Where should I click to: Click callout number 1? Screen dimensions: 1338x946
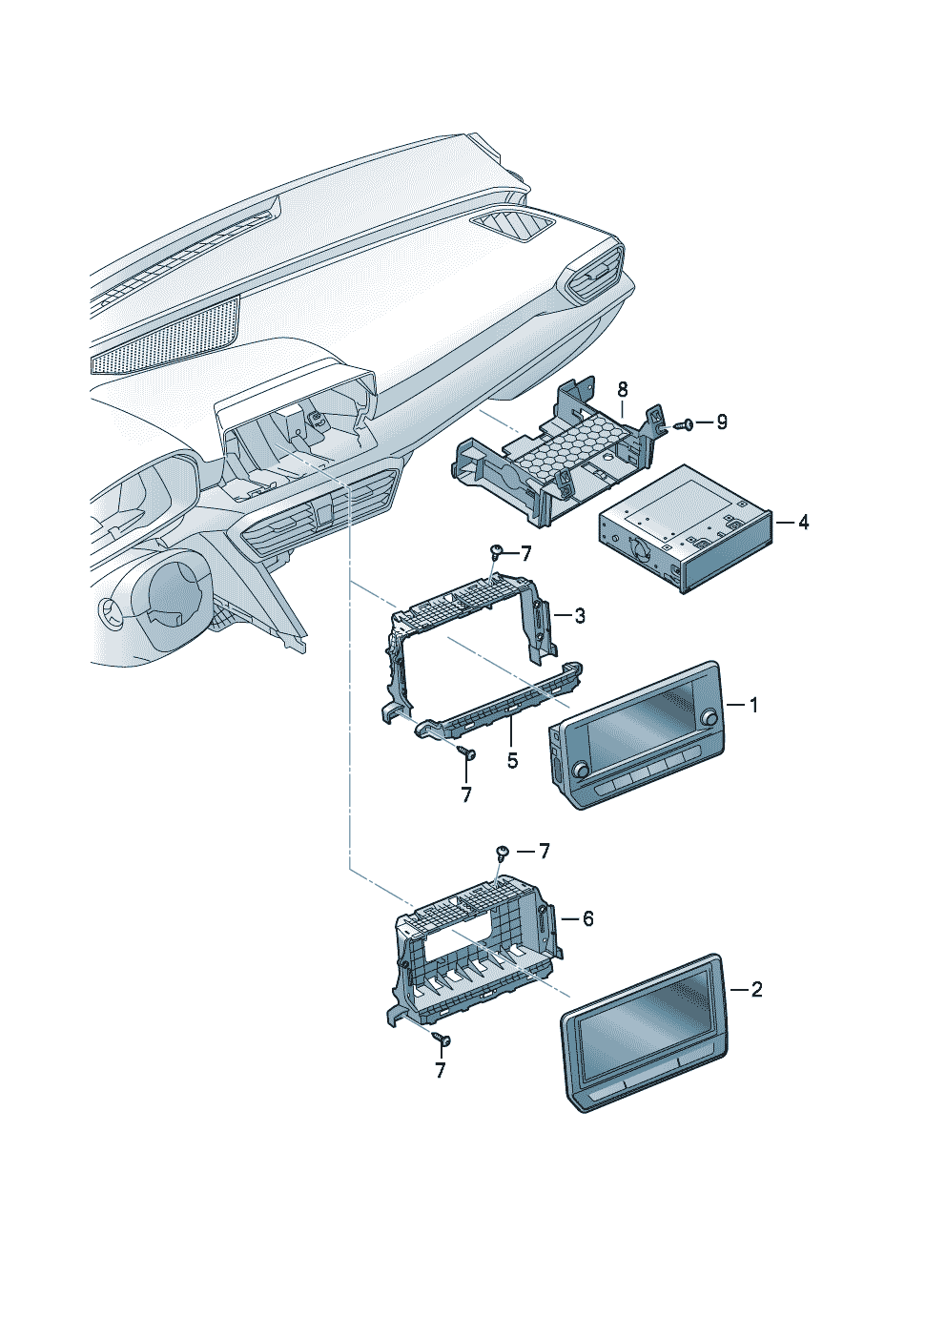click(753, 706)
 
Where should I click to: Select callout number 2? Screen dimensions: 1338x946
click(756, 990)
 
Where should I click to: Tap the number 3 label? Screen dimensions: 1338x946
click(580, 616)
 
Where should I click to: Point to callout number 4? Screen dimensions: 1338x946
click(804, 523)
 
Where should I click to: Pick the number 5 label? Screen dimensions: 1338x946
click(512, 761)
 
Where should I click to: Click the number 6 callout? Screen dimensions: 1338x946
click(587, 918)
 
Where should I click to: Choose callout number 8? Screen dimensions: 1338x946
click(623, 389)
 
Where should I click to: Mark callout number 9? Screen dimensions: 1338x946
click(722, 422)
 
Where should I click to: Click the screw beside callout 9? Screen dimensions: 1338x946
click(683, 424)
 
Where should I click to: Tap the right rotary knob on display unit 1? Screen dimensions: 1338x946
click(708, 717)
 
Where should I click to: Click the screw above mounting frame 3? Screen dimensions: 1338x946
click(496, 550)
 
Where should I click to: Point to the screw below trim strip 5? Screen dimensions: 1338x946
click(466, 752)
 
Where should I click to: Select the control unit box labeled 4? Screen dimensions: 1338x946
click(682, 529)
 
